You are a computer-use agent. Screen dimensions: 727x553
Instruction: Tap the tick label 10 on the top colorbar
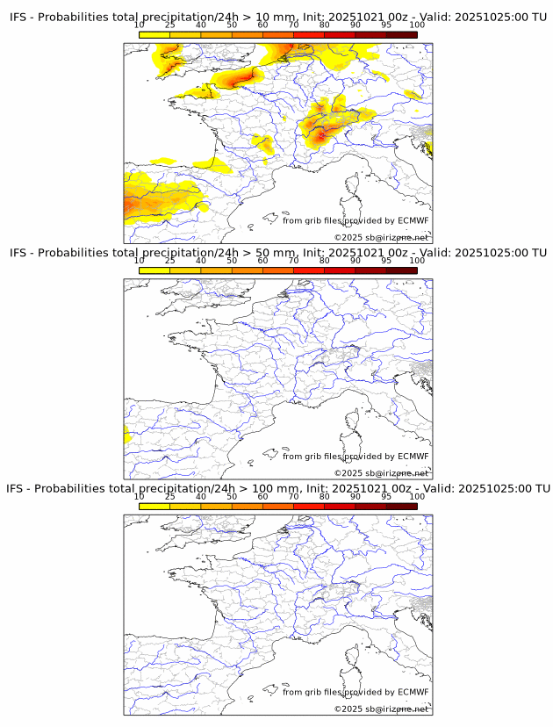tap(140, 25)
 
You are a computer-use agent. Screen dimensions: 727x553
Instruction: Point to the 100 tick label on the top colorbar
tap(417, 25)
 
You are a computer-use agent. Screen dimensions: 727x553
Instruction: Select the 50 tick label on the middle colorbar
tap(232, 261)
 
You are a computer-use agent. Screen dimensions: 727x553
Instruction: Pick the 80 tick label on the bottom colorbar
tap(325, 496)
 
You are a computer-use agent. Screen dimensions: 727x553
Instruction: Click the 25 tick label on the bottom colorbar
tap(170, 496)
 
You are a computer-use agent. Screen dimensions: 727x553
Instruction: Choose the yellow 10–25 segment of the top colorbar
tap(154, 34)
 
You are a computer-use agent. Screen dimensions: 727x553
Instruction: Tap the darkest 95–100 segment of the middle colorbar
tap(401, 270)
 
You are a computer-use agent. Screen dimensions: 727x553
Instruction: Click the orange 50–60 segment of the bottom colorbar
tap(248, 506)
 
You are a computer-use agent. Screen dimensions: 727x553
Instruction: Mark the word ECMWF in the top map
tap(413, 220)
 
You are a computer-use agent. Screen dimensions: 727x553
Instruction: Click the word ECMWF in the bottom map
tap(413, 692)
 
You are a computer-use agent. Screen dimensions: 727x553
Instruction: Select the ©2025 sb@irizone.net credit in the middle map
tap(380, 473)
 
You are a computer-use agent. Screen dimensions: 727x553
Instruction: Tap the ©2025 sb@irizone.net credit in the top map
tap(380, 238)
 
